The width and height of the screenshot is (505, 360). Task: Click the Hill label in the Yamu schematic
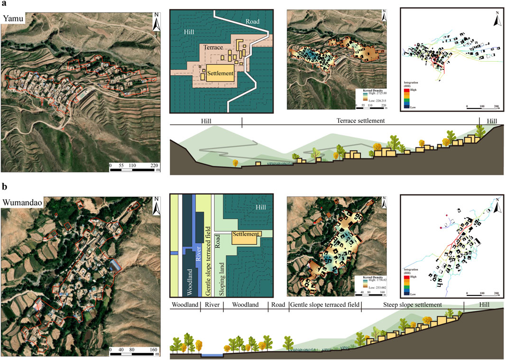[x=190, y=32]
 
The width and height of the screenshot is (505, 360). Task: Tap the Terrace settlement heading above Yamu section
[x=360, y=121]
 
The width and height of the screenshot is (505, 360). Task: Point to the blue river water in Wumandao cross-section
[x=211, y=355]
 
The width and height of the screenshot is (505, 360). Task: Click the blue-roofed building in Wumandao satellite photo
[x=115, y=266]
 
